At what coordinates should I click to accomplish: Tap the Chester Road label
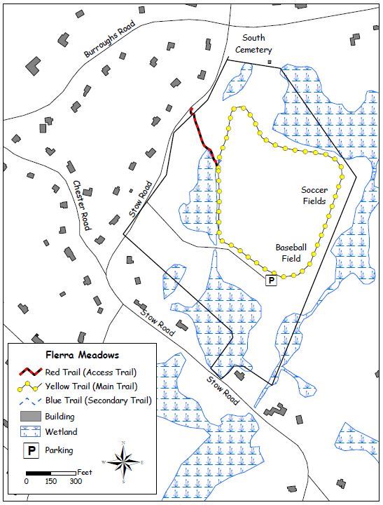83,206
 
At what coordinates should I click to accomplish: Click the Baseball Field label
290,252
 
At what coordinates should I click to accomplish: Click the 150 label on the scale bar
50,482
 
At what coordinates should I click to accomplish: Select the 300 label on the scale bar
75,482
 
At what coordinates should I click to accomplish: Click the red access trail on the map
202,134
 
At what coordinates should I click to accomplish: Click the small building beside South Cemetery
269,62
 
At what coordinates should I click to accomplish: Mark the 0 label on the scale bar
27,482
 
